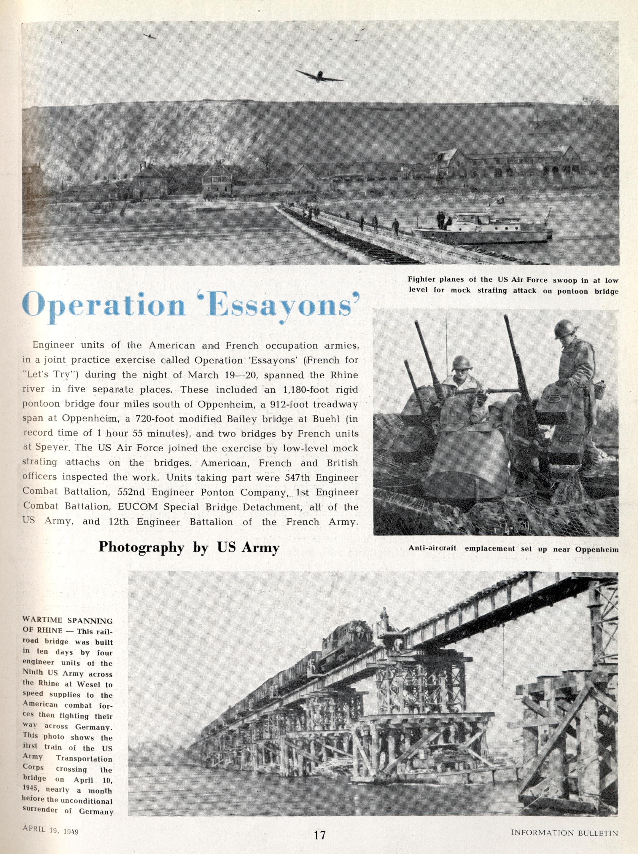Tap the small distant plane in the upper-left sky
point(149,36)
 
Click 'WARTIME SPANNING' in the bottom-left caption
point(68,621)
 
